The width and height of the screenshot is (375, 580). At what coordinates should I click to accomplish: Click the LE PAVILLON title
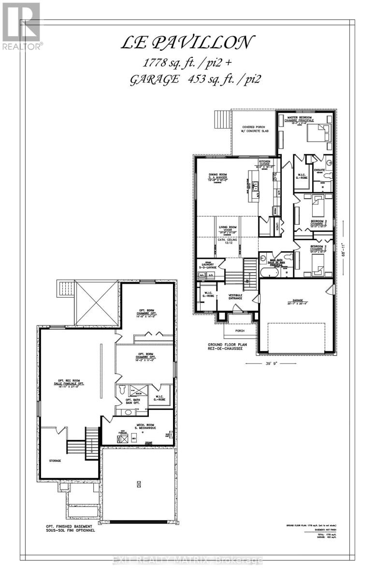pyautogui.click(x=186, y=43)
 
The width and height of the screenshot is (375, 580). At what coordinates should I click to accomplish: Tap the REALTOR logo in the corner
pyautogui.click(x=21, y=27)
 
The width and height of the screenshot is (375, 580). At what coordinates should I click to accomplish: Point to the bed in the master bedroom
pyautogui.click(x=317, y=132)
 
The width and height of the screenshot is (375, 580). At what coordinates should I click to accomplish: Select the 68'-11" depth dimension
pyautogui.click(x=344, y=250)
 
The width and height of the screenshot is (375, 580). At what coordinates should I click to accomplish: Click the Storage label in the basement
pyautogui.click(x=55, y=461)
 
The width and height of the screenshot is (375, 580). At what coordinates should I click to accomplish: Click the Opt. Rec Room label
pyautogui.click(x=68, y=384)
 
